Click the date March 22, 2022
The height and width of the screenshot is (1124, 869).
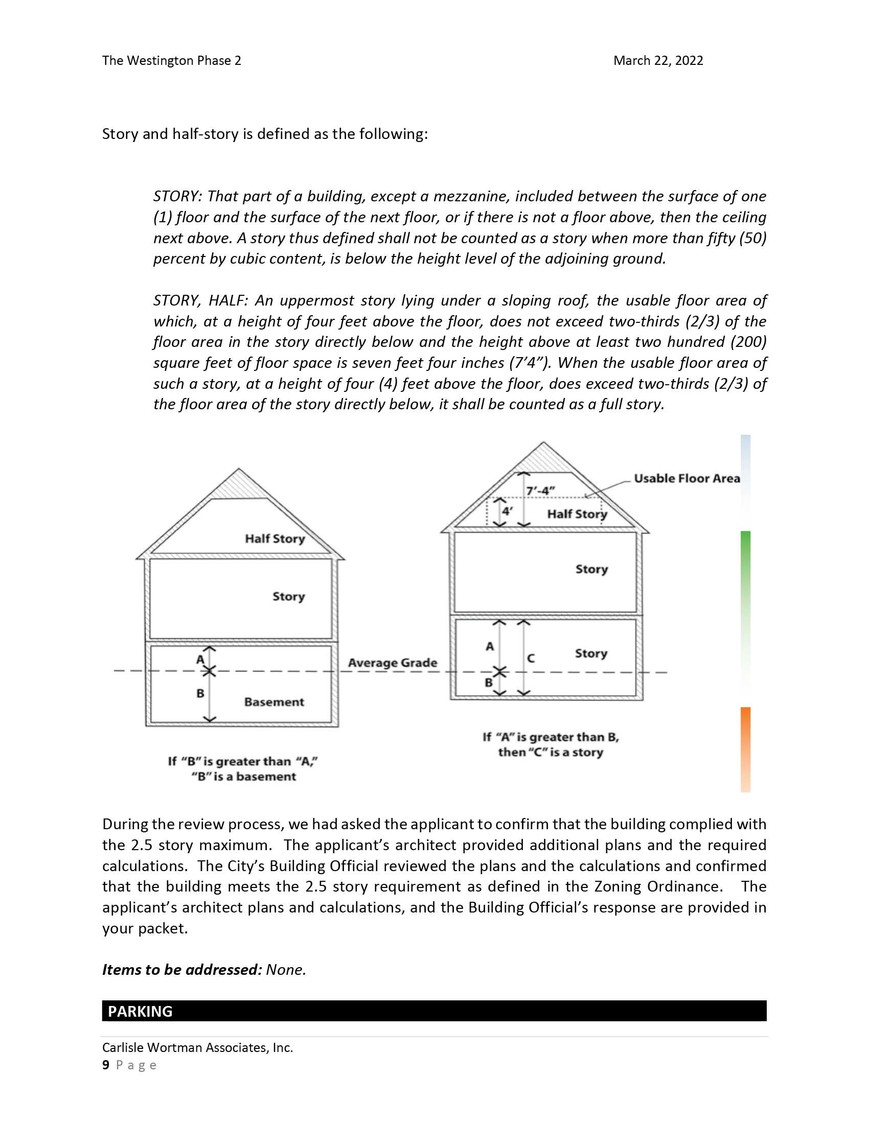click(x=657, y=61)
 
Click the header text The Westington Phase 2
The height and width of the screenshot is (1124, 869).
click(x=171, y=61)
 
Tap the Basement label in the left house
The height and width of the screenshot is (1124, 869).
click(x=274, y=702)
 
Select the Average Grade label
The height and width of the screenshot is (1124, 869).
click(x=392, y=663)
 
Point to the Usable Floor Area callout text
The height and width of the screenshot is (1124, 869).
click(x=687, y=479)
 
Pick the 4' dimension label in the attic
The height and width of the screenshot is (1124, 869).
click(x=508, y=511)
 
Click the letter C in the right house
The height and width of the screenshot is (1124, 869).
click(x=531, y=658)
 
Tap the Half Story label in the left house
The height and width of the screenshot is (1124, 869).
click(x=275, y=539)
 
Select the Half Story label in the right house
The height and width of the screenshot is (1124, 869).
click(x=577, y=514)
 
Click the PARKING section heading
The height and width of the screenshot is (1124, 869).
click(x=140, y=1011)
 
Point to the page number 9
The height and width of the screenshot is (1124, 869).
click(x=106, y=1065)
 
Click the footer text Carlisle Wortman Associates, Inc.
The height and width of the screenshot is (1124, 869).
click(x=198, y=1047)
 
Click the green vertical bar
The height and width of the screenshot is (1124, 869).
click(x=745, y=581)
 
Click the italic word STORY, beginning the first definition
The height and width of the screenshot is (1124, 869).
click(x=177, y=197)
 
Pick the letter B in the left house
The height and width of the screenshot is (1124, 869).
click(x=200, y=694)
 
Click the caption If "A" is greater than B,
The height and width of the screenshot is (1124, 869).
click(x=551, y=737)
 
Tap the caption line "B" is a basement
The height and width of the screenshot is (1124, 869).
click(x=243, y=777)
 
